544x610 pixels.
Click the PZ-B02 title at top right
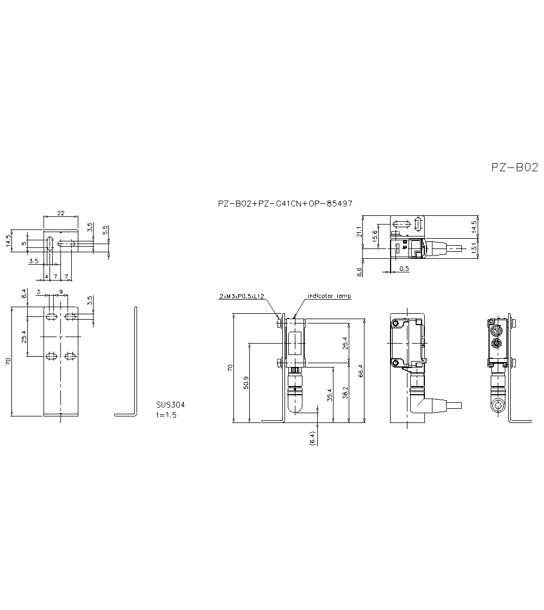tap(514, 167)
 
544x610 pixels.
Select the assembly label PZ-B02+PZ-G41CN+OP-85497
tap(285, 204)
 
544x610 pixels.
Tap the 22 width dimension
tap(61, 213)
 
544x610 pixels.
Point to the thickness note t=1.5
tap(166, 415)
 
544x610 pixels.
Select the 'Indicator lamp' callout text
tap(329, 296)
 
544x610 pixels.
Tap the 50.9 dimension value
tap(246, 382)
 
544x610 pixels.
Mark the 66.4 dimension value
tap(360, 370)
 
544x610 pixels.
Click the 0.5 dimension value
tap(404, 269)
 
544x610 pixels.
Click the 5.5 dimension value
tap(106, 230)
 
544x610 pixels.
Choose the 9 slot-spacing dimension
tap(60, 292)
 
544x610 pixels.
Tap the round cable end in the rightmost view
tap(497, 407)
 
